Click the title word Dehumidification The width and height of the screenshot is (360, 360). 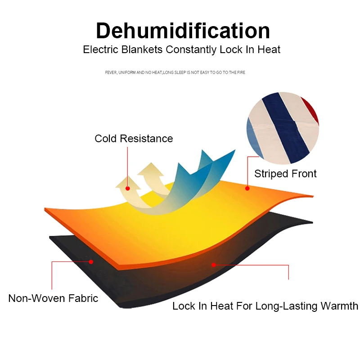point(183,31)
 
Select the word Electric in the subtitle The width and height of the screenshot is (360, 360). point(99,49)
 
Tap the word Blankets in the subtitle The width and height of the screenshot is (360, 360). point(141,49)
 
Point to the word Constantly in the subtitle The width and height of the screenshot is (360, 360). point(191,49)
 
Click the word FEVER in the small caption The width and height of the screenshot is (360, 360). point(111,72)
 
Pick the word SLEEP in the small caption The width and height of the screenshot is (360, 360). point(182,72)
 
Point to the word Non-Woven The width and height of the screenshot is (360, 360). point(36,298)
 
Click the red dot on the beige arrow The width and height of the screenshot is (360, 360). point(128,189)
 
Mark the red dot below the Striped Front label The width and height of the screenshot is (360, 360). point(247,189)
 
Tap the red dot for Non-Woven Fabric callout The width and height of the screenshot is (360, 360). point(91,261)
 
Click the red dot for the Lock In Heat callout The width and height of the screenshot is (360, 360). point(214,265)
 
